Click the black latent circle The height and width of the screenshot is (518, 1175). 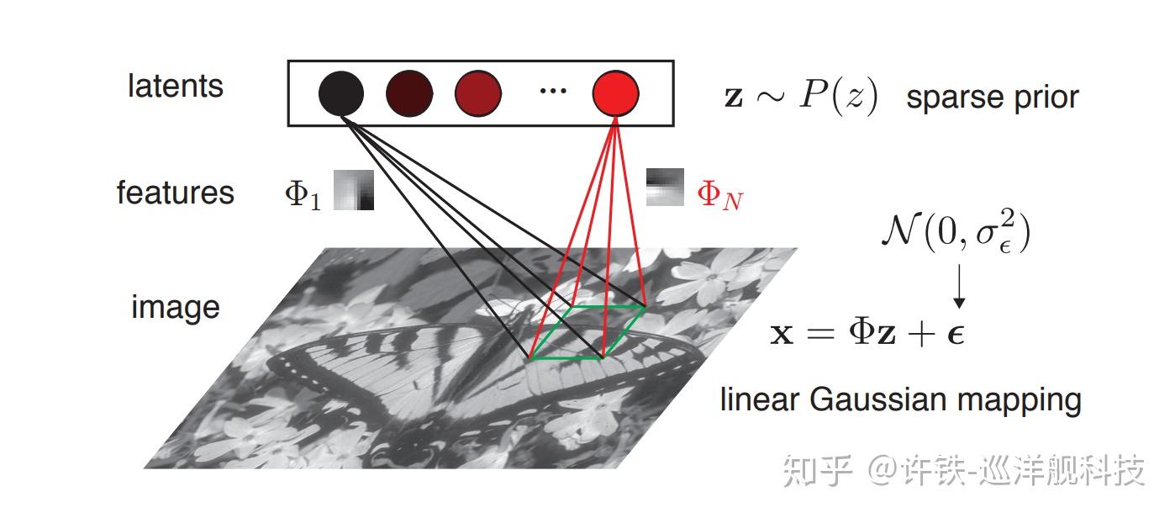(341, 92)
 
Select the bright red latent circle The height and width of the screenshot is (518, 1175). (615, 92)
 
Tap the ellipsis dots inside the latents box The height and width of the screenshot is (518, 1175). (552, 91)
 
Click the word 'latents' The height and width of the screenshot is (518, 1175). (176, 86)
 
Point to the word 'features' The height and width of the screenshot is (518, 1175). (175, 193)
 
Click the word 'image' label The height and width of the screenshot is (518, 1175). (175, 307)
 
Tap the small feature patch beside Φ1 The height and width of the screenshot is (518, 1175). (354, 190)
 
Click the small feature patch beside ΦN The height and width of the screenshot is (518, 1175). (665, 188)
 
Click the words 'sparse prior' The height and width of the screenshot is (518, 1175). (992, 98)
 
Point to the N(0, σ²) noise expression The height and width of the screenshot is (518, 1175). (956, 232)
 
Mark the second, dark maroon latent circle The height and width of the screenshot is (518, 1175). (409, 92)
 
